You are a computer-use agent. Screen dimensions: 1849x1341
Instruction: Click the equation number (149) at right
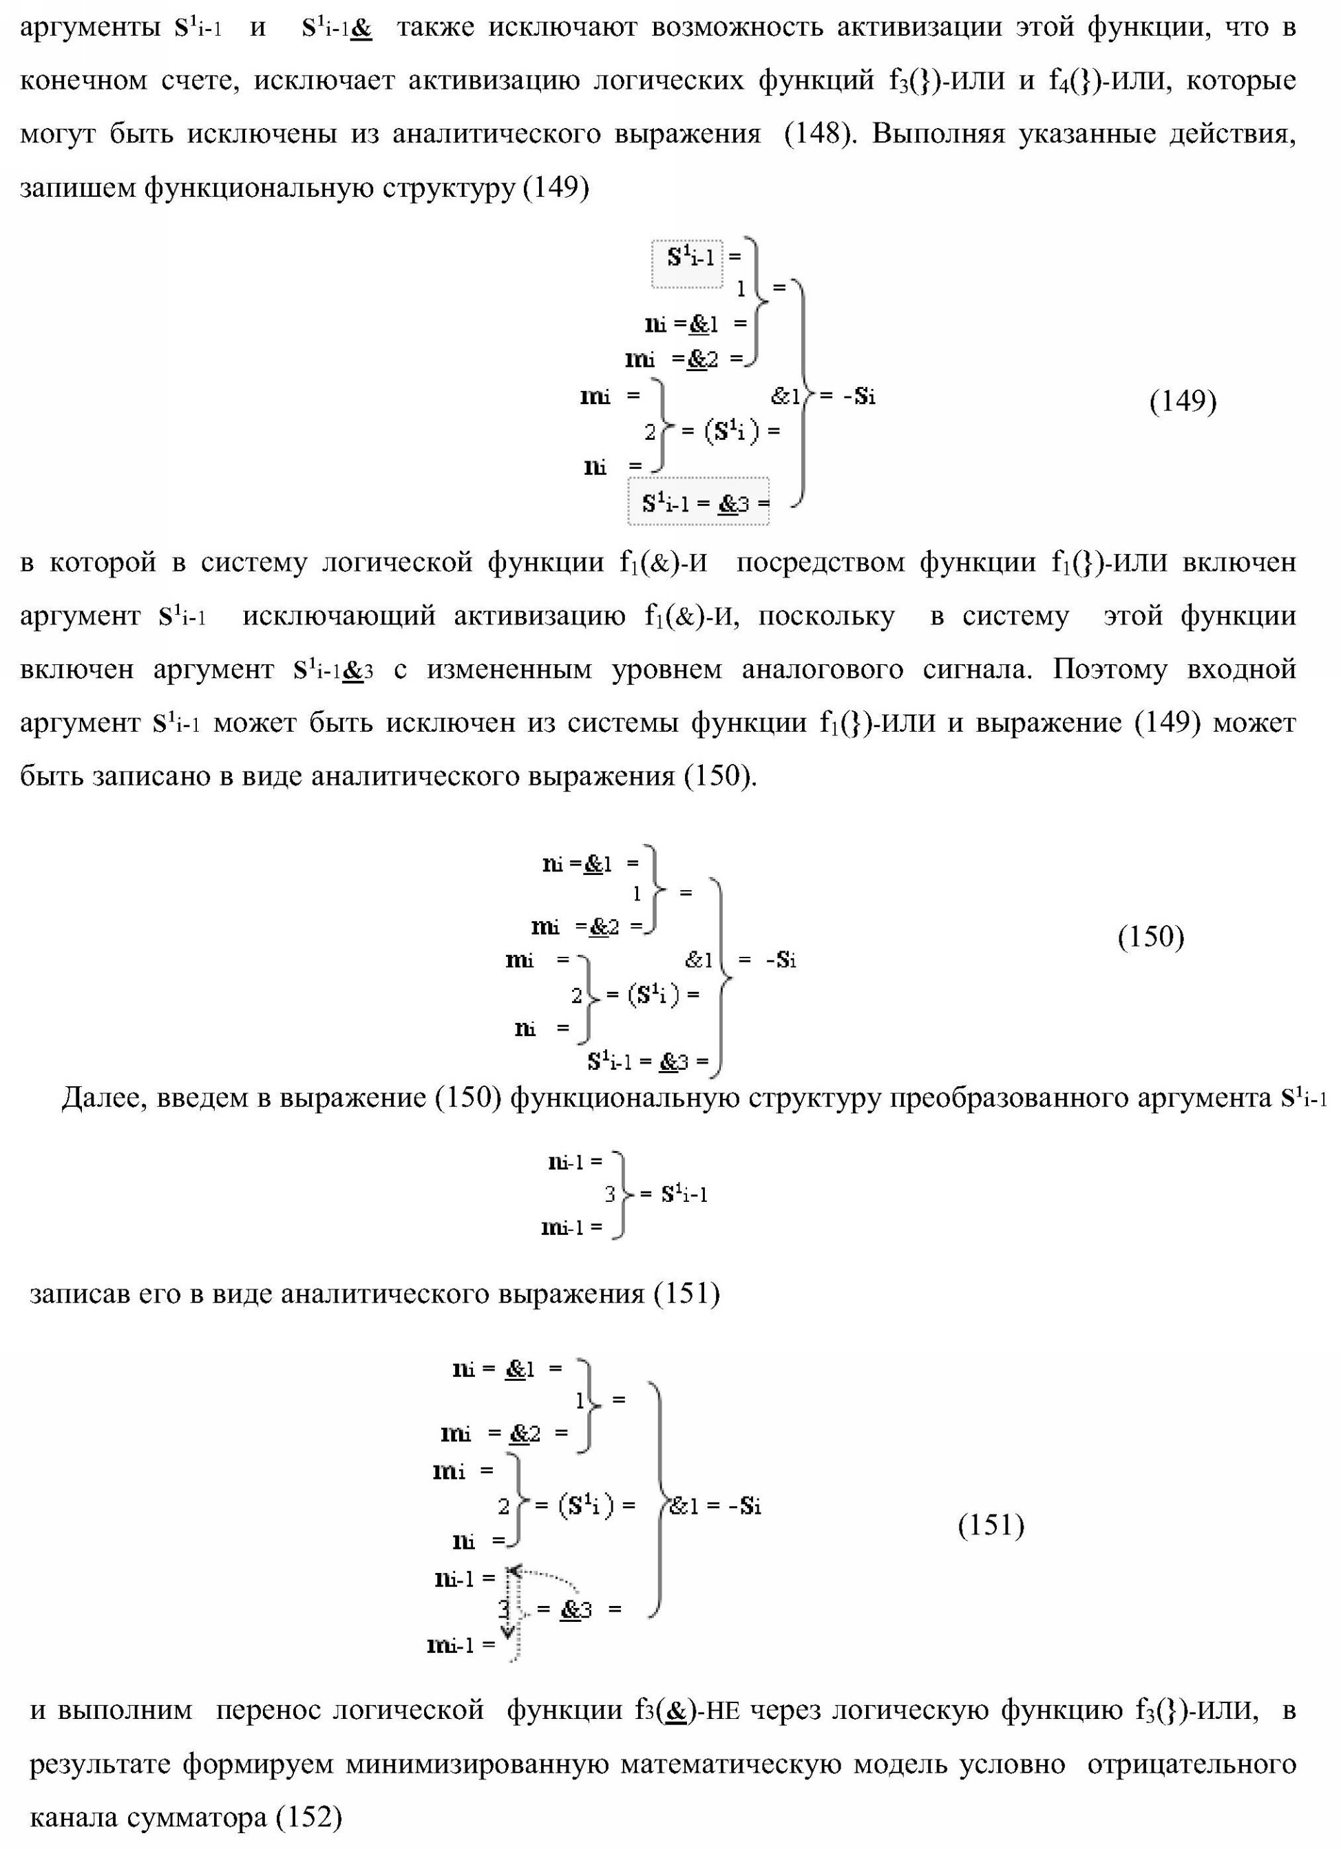pos(1182,401)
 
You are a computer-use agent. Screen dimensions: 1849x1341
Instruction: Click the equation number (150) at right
pos(1150,937)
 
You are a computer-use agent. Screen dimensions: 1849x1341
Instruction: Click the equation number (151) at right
pos(991,1525)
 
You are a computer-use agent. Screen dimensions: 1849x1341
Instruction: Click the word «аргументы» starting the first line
pos(89,28)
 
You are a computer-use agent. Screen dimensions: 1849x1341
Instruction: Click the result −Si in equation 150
pos(780,960)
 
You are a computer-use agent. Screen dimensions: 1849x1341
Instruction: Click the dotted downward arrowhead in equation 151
pos(508,1631)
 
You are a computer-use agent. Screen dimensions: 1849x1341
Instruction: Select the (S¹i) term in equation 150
pos(653,995)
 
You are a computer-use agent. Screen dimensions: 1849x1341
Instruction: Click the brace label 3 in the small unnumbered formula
pos(609,1195)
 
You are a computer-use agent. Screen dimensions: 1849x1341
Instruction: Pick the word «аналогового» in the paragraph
pos(822,669)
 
